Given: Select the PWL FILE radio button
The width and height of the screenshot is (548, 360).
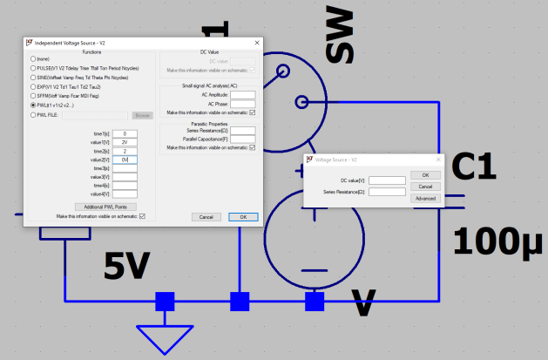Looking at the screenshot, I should coord(32,114).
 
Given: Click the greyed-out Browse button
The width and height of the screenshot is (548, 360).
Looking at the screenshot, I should coord(142,114).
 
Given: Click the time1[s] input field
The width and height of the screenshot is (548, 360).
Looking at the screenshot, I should coord(125,133).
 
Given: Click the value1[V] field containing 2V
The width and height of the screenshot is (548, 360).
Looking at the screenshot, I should coord(125,142).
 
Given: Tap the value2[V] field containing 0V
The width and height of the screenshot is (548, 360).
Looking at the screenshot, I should coord(125,160).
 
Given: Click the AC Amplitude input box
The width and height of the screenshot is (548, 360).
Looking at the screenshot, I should coord(242,94).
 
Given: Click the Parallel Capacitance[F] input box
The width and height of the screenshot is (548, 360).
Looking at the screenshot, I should coord(242,139).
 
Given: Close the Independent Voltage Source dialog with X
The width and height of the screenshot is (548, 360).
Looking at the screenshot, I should coord(256,42).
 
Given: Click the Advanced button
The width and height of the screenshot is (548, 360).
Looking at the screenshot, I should coord(425,199).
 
